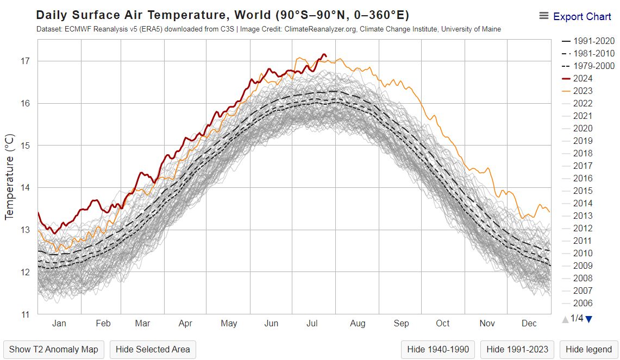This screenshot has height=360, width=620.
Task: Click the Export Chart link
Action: tap(581, 16)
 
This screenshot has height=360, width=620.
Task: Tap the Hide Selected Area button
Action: tap(153, 349)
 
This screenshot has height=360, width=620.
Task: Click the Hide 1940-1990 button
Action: tap(439, 349)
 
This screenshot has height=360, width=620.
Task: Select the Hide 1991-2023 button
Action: tap(517, 349)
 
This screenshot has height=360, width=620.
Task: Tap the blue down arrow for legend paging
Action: tap(588, 319)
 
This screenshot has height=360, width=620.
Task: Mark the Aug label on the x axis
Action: tap(358, 324)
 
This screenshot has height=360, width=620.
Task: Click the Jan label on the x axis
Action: tap(59, 324)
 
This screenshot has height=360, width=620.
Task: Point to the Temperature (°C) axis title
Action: tap(9, 176)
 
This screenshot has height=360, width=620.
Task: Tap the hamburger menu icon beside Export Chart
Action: tap(543, 16)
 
